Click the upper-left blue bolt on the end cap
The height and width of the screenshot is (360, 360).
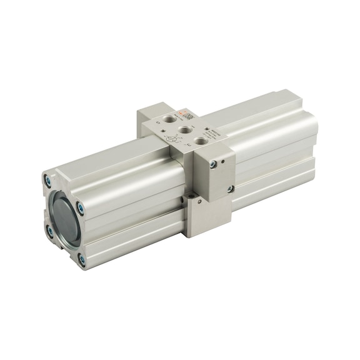pos(47,182)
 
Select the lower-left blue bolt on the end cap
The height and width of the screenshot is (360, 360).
pos(49,232)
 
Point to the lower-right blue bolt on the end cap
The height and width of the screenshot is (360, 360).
pos(81,257)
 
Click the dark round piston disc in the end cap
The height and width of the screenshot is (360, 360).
pos(64,219)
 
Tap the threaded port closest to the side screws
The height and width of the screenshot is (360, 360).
pos(201,142)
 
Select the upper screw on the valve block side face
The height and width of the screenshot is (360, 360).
pos(214,164)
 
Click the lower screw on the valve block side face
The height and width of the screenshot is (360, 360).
pos(231,189)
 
